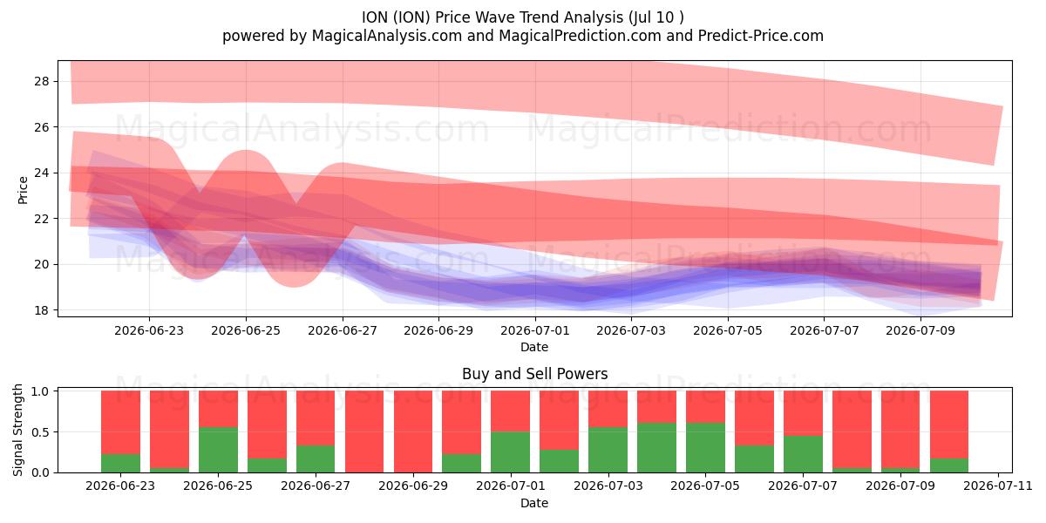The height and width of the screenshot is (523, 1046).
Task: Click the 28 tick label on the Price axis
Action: pyautogui.click(x=41, y=82)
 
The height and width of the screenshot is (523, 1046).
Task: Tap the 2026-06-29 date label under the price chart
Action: pyautogui.click(x=438, y=330)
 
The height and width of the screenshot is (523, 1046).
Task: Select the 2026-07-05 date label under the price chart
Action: pyautogui.click(x=728, y=330)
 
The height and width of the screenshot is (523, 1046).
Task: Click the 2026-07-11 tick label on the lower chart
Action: pyautogui.click(x=998, y=486)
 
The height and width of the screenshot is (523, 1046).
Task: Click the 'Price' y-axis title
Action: pyautogui.click(x=23, y=191)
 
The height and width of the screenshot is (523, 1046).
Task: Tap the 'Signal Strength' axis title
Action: pyautogui.click(x=17, y=430)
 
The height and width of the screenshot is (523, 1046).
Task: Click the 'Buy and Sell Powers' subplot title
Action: pyautogui.click(x=534, y=374)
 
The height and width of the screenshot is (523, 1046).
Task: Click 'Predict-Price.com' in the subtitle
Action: pyautogui.click(x=761, y=36)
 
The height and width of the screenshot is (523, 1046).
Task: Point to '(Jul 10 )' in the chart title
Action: pyautogui.click(x=655, y=17)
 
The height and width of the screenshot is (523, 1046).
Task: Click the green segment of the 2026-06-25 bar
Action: pyautogui.click(x=218, y=450)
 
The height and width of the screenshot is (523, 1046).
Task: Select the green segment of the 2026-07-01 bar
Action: pyautogui.click(x=510, y=452)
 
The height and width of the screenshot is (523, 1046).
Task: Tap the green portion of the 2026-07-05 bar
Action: pyautogui.click(x=705, y=448)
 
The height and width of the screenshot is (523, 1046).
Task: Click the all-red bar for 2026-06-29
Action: pyautogui.click(x=413, y=431)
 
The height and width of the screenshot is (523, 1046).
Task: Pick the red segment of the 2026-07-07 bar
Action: pyautogui.click(x=803, y=413)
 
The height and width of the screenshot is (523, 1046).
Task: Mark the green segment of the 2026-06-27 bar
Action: pyautogui.click(x=316, y=459)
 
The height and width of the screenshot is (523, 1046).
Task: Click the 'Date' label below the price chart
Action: pyautogui.click(x=534, y=347)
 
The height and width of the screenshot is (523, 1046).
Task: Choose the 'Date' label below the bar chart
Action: pyautogui.click(x=534, y=503)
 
